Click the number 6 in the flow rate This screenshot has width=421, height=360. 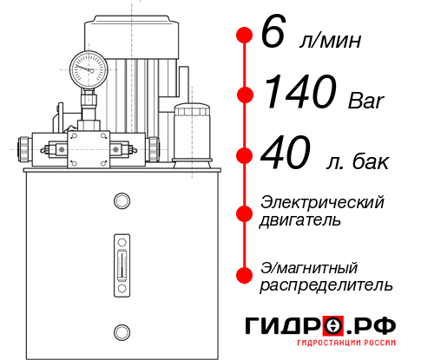(x=273, y=36)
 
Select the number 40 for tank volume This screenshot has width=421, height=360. (x=286, y=155)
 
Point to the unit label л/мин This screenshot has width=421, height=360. (x=329, y=42)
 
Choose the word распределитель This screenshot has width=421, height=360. (x=326, y=285)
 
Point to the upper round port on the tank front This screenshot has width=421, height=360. (x=121, y=201)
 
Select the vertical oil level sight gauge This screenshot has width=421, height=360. (x=121, y=261)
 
